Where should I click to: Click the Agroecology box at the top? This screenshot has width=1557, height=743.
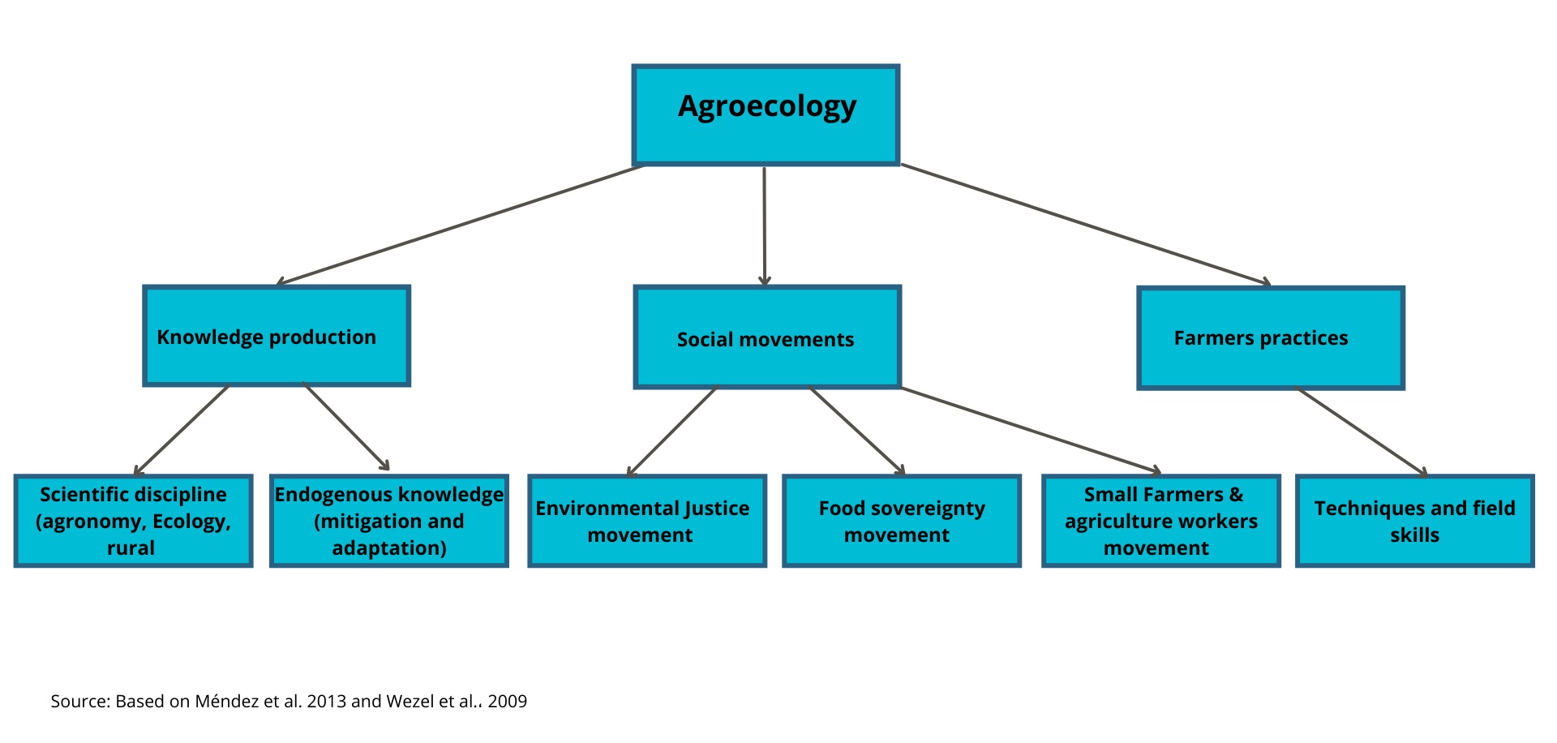coord(766,115)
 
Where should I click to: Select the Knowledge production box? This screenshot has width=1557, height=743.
coord(277,336)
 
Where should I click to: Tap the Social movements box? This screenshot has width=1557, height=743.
coord(767,337)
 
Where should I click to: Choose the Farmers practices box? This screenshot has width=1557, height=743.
coord(1271,338)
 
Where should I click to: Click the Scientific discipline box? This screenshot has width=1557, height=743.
coord(134,521)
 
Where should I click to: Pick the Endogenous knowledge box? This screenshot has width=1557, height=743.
coord(389,521)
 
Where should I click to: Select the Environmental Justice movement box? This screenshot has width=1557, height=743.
coord(647,521)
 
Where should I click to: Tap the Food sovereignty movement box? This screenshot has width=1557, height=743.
coord(902,521)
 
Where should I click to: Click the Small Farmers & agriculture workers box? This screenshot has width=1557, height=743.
coord(1161,521)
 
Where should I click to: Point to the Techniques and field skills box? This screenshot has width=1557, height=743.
coord(1415,521)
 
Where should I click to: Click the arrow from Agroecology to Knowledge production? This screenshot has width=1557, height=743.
coord(460,225)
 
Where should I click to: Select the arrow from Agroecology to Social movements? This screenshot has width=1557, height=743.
coord(764,226)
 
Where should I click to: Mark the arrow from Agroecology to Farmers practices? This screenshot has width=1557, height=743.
coord(1086,225)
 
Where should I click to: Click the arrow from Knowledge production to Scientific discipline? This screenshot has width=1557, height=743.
coord(182,431)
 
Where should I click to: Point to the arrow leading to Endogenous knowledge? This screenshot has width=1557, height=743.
coord(346,427)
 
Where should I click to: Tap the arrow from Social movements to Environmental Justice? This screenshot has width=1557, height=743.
coord(672,432)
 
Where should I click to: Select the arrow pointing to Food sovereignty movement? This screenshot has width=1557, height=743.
coord(857,432)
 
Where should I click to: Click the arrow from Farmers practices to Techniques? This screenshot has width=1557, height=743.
coord(1362,432)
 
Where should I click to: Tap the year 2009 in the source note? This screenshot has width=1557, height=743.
coord(508,701)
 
